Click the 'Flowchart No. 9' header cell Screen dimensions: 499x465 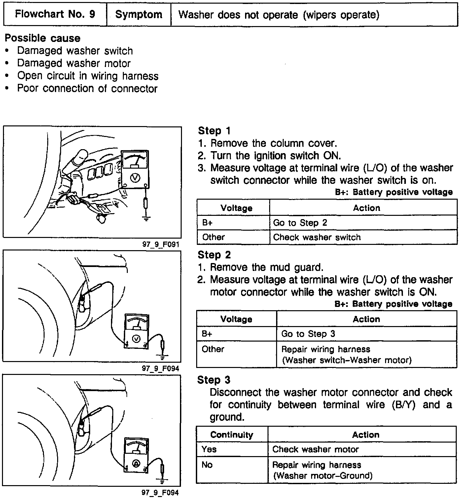(x=55, y=15)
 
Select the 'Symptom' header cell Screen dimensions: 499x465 (x=139, y=15)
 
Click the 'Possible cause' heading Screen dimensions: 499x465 (x=43, y=38)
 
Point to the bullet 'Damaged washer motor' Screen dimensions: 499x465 (x=74, y=63)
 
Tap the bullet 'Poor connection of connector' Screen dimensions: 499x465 (x=87, y=88)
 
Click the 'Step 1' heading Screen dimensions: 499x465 (x=214, y=131)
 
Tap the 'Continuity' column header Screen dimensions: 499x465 (x=232, y=435)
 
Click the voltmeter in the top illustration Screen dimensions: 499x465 (x=134, y=169)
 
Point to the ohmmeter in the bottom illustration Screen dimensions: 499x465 (x=136, y=454)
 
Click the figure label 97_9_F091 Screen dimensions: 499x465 (x=161, y=245)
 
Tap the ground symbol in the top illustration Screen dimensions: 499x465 (x=146, y=218)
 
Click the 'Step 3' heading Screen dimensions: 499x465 (x=214, y=380)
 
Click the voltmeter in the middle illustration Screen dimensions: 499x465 (x=136, y=331)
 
